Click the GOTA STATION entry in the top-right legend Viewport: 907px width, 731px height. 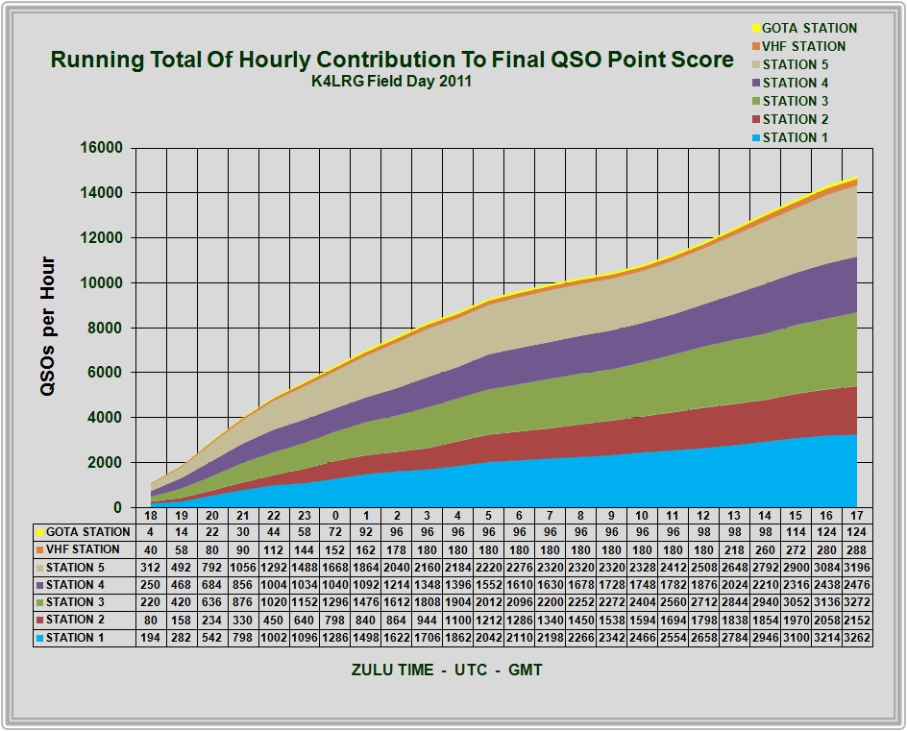804,28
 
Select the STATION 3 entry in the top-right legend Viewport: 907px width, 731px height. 790,101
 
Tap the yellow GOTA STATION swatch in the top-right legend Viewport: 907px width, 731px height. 755,29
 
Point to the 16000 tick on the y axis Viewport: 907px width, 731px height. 102,148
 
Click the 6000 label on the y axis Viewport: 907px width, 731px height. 106,373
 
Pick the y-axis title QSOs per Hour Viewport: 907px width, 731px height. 47,327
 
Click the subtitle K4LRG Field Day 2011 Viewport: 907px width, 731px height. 392,81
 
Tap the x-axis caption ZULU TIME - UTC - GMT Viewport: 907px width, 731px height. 447,670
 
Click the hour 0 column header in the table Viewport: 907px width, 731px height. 335,515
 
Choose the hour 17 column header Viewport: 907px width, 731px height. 857,515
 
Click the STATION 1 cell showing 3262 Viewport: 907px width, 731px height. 857,638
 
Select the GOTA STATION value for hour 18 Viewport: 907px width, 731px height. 151,532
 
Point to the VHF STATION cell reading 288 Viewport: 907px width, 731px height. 857,550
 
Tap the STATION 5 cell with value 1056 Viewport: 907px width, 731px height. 242,568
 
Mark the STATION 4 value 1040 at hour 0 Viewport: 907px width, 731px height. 335,585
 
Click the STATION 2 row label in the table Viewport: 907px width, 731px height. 75,620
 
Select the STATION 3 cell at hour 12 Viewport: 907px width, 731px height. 703,602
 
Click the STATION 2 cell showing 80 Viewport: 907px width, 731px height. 151,620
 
